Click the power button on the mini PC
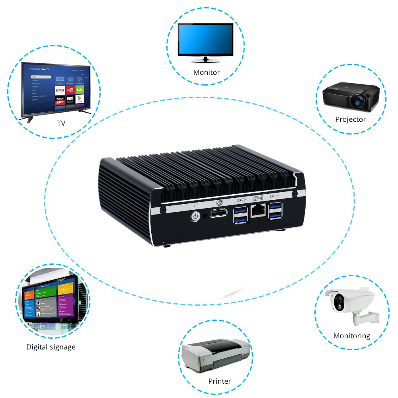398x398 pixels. click(195, 216)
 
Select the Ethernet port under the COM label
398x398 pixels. click(258, 210)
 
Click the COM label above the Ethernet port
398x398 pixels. click(258, 198)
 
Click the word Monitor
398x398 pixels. click(206, 72)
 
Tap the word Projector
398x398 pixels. click(350, 119)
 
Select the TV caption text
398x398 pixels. click(61, 123)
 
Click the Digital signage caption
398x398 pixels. click(51, 347)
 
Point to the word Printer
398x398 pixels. click(219, 381)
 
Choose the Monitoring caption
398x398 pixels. click(351, 336)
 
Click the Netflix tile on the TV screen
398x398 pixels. click(60, 90)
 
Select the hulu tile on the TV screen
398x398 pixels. click(80, 90)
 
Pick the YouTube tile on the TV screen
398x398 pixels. click(70, 90)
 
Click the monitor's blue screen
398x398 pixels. click(205, 40)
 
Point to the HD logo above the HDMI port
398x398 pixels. click(219, 202)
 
